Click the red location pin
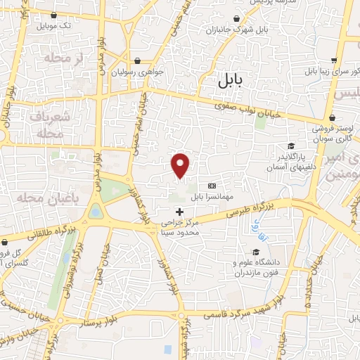181,165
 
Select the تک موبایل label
57,25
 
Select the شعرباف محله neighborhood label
51,124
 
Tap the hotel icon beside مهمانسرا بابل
212,186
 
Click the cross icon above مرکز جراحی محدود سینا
179,211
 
